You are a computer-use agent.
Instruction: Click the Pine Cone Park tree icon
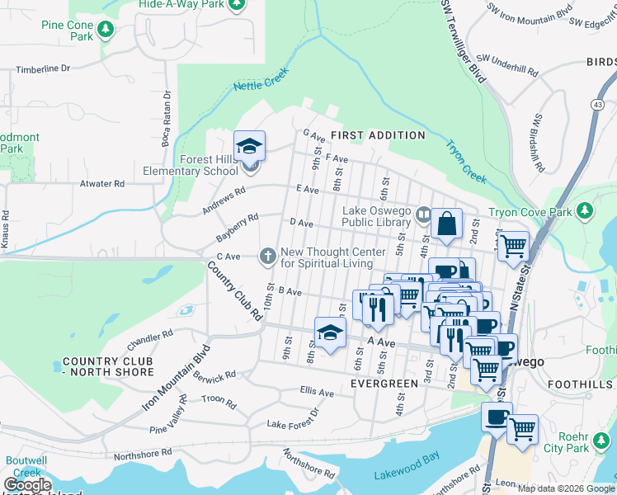pos(105,31)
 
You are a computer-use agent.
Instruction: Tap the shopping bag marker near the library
pos(446,224)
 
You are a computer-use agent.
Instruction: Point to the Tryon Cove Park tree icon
pos(586,212)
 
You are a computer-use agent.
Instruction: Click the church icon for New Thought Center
pos(267,257)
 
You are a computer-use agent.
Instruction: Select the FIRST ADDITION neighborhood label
pos(378,134)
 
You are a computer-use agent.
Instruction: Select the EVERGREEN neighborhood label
pos(382,384)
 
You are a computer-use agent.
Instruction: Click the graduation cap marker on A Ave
pos(330,333)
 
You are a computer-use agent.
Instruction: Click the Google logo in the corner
pos(27,485)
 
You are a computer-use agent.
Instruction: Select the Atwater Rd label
pos(102,184)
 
